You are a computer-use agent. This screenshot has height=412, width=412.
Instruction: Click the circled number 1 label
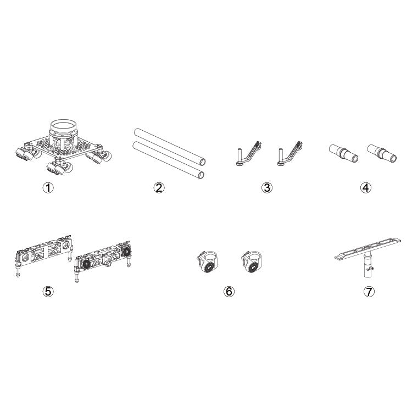pyautogui.click(x=48, y=187)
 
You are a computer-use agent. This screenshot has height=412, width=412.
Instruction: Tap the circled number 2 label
pyautogui.click(x=159, y=187)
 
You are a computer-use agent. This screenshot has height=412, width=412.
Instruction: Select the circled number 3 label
pyautogui.click(x=266, y=187)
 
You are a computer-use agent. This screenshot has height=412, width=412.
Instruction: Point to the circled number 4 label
pyautogui.click(x=366, y=187)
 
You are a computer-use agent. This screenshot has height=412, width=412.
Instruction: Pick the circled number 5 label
pyautogui.click(x=48, y=291)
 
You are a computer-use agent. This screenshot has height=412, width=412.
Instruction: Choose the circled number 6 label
pyautogui.click(x=229, y=291)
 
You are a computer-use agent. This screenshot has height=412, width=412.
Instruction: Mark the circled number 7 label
pyautogui.click(x=369, y=291)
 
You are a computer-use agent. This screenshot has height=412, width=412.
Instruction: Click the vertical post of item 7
pyautogui.click(x=365, y=269)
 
